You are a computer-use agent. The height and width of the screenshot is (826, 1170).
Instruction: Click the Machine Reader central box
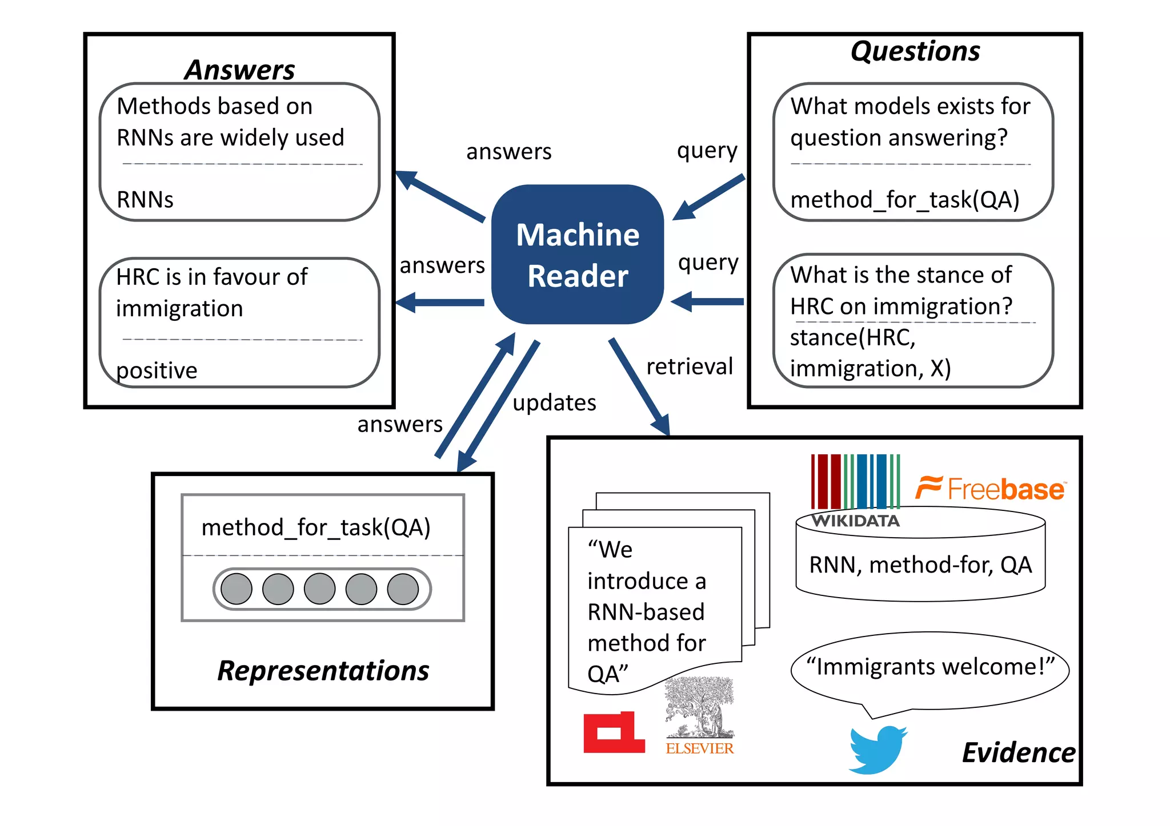point(577,255)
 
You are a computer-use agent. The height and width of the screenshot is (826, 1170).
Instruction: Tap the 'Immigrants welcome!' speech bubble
point(929,667)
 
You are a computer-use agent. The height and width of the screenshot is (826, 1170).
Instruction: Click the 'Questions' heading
point(915,51)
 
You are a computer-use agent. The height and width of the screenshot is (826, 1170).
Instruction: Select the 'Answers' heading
point(239,70)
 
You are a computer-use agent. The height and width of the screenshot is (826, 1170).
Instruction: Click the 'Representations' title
point(323,671)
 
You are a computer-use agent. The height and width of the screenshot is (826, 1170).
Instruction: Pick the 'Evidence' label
point(1018,752)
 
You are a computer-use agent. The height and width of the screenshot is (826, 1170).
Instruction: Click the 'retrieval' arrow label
point(689,366)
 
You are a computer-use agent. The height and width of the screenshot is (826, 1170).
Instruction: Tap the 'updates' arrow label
point(554,403)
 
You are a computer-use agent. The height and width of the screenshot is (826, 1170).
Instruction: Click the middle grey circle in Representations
point(320,589)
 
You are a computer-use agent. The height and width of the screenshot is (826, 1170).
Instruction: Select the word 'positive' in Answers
point(157,370)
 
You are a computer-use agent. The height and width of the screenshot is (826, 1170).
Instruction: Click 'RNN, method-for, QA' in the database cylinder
point(920,565)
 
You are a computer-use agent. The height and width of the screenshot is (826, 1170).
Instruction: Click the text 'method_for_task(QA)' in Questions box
point(904,200)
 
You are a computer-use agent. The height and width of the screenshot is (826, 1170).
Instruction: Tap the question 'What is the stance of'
point(900,275)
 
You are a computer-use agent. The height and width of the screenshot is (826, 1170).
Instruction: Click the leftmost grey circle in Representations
point(237,589)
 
